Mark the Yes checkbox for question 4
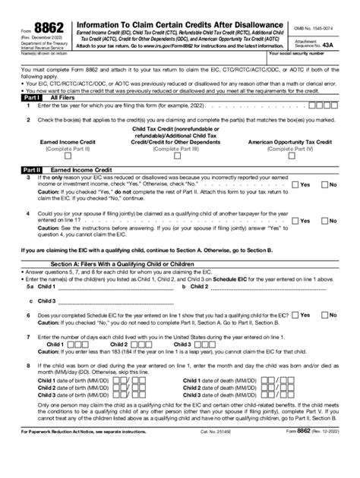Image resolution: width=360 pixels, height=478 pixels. [295, 221]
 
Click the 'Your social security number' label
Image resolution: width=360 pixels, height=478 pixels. [313, 55]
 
